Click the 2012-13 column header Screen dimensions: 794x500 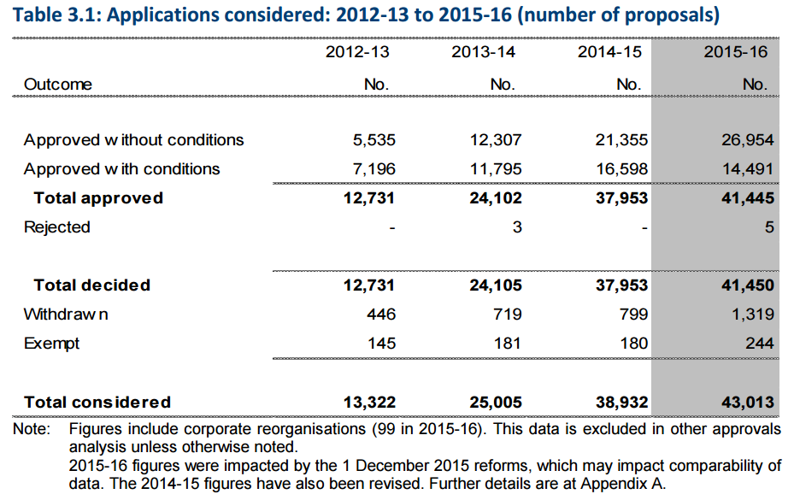(357, 51)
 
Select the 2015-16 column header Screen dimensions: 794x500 (735, 51)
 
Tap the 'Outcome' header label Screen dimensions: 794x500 (58, 84)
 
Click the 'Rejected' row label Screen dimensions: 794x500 (56, 227)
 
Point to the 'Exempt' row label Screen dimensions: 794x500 (51, 344)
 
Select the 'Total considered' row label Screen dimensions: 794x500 (97, 403)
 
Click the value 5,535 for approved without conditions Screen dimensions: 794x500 (374, 140)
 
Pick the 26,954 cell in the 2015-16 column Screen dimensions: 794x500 (747, 140)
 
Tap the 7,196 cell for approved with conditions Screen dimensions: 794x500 (374, 168)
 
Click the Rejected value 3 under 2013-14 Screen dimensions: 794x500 (516, 227)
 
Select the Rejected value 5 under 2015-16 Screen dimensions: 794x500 (769, 227)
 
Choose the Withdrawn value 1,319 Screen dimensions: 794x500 (752, 314)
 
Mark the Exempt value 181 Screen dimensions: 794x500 (508, 344)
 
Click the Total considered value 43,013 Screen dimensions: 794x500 (747, 403)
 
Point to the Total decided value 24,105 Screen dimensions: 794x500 (495, 285)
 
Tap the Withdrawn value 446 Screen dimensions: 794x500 (381, 314)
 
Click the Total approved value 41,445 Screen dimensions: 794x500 (747, 198)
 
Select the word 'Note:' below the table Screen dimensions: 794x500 (32, 429)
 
